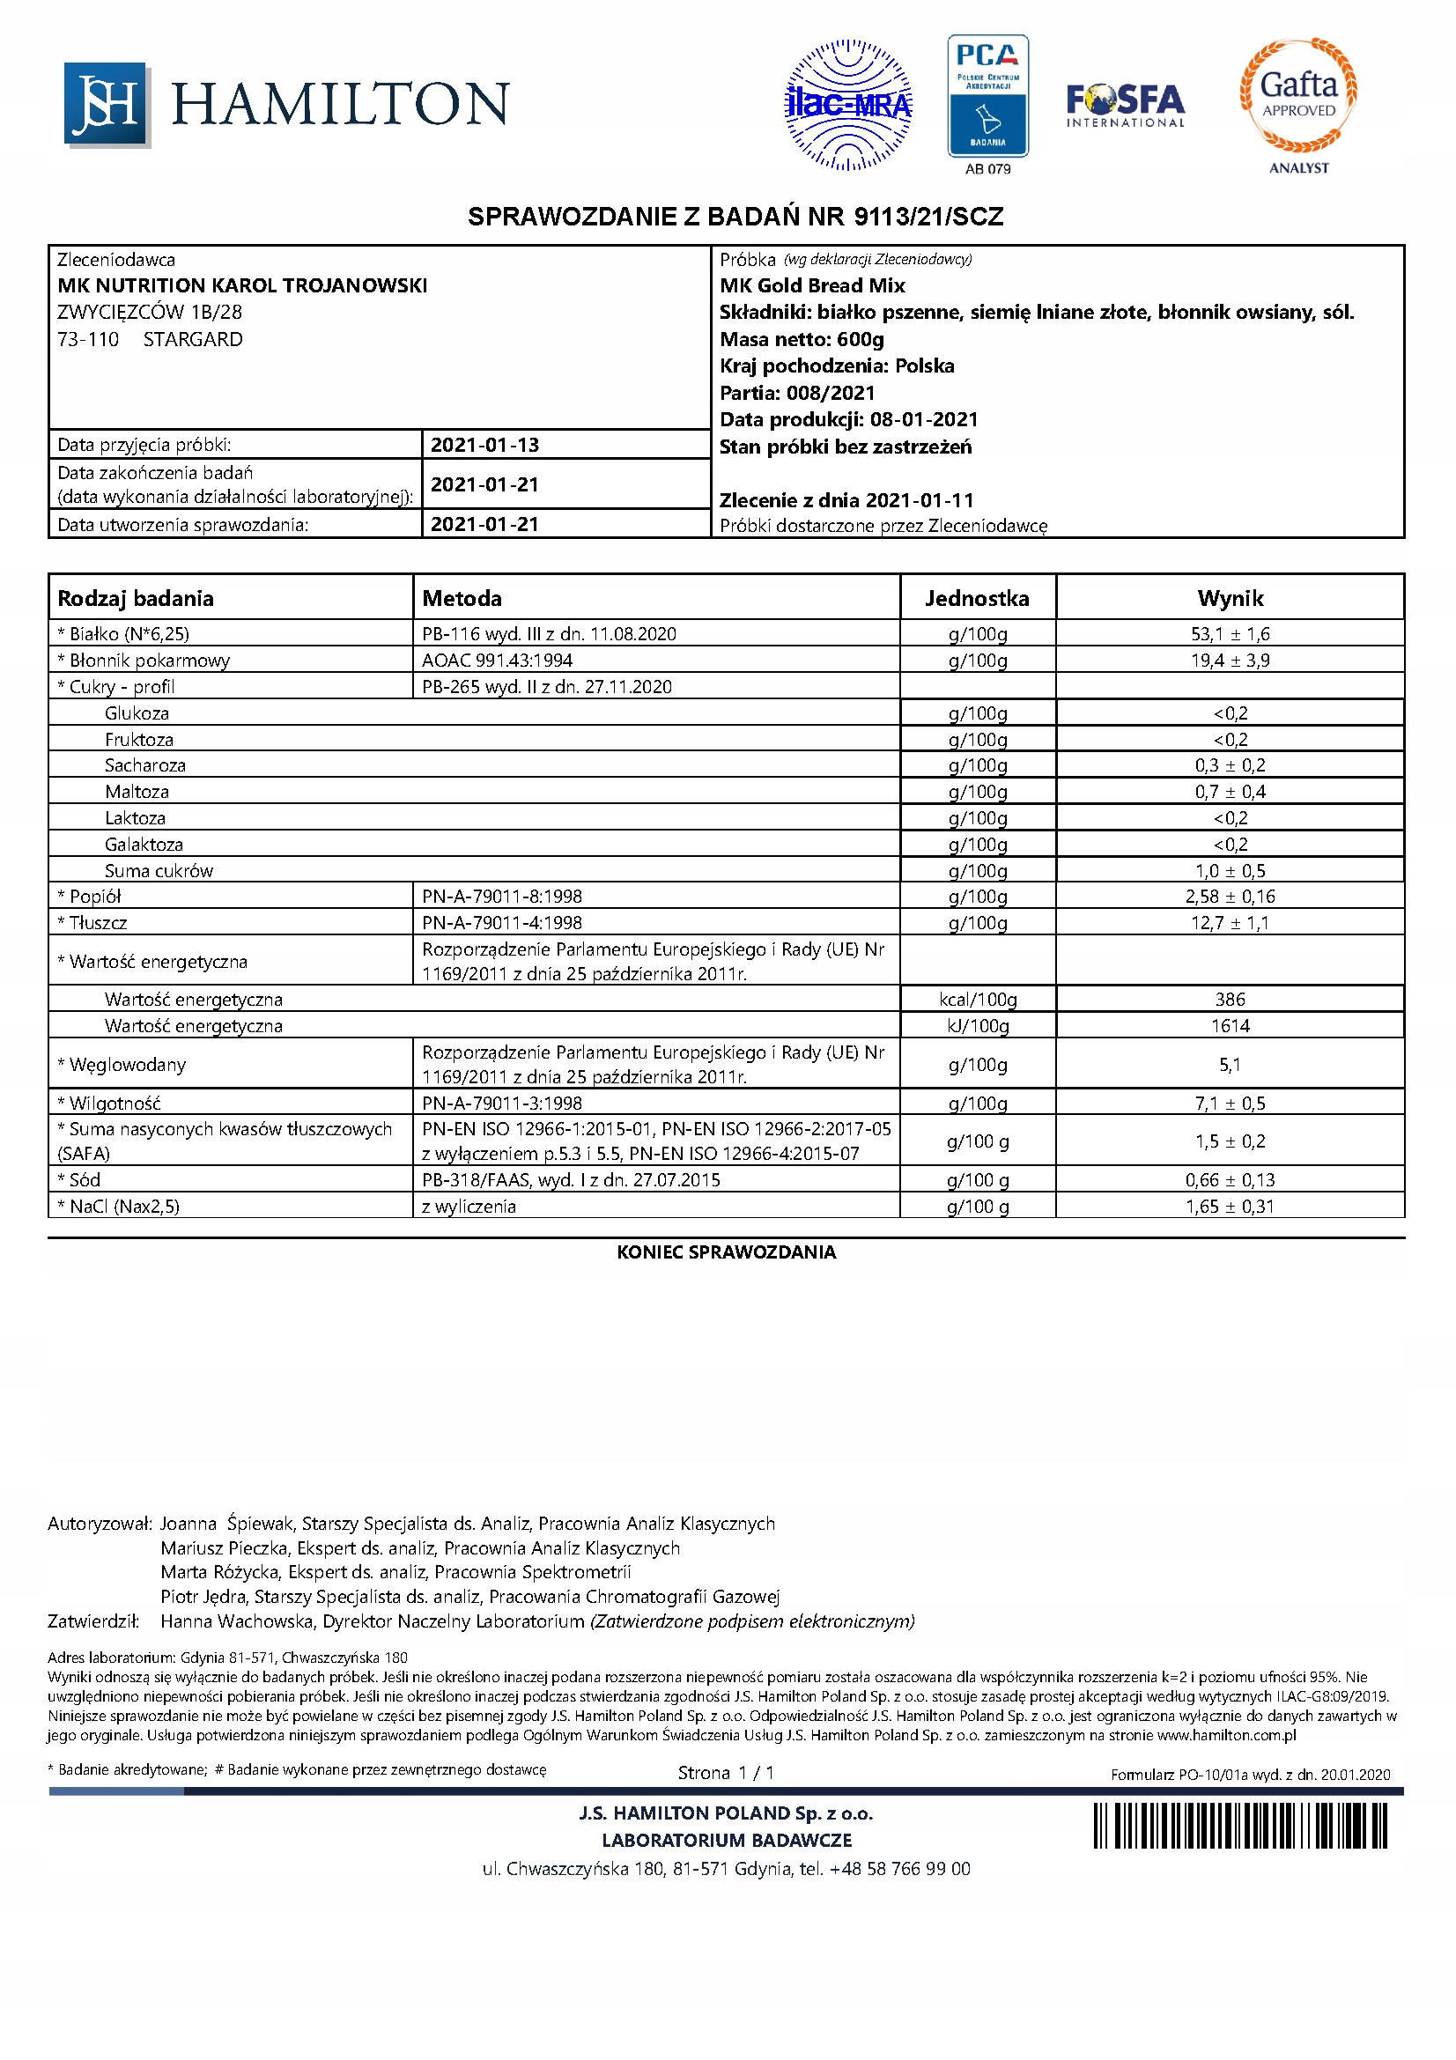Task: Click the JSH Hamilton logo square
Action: tap(106, 104)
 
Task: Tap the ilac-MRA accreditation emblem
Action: tap(847, 105)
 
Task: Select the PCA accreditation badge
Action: tap(987, 97)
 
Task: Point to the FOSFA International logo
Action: tap(1125, 106)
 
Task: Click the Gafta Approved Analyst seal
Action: tap(1298, 96)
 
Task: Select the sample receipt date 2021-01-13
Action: tap(484, 445)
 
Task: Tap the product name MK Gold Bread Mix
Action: tap(812, 285)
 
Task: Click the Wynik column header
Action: tap(1229, 598)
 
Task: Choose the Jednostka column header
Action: tap(977, 598)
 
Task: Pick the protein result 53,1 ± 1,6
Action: tap(1229, 634)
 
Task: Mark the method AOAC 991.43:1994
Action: tap(497, 661)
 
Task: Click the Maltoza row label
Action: tap(137, 792)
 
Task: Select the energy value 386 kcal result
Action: tap(1229, 1000)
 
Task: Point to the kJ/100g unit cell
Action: tap(977, 1025)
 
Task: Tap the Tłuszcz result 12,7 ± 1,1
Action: tap(1229, 922)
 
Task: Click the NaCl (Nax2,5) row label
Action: tap(118, 1207)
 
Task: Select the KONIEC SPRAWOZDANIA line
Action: tap(726, 1252)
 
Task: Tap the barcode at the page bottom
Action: tap(1239, 1827)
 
